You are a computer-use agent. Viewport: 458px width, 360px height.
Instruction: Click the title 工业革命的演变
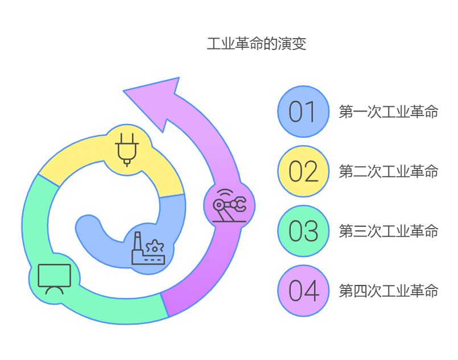(256, 44)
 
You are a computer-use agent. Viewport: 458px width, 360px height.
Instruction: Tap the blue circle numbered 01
(303, 111)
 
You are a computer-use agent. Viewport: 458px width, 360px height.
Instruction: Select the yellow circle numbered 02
(303, 171)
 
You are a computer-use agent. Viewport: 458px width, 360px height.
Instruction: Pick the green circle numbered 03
(303, 231)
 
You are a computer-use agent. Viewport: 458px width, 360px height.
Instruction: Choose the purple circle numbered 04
(303, 291)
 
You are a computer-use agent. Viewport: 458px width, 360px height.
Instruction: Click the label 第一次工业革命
(389, 111)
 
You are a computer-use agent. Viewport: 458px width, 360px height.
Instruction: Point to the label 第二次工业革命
(389, 171)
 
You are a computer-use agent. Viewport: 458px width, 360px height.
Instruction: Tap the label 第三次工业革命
(389, 231)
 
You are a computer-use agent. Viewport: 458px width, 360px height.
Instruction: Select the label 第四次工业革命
(389, 291)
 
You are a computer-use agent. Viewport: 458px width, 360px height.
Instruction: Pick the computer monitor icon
(54, 278)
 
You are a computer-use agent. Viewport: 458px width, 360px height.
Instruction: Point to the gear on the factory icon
(154, 247)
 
